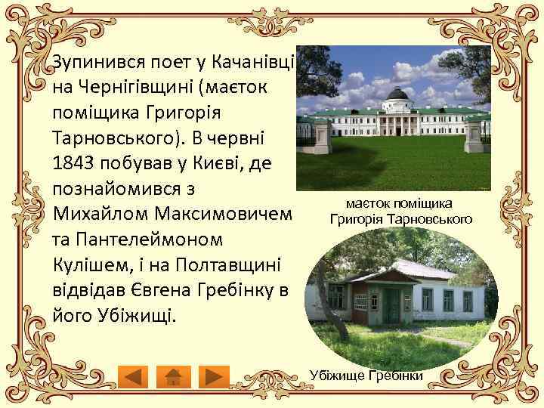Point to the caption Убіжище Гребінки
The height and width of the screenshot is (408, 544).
pos(366,376)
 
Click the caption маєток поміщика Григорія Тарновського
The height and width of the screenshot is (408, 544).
pos(400,212)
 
